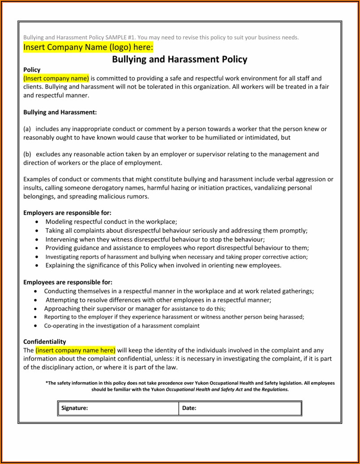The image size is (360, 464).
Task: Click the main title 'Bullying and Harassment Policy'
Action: coord(179,59)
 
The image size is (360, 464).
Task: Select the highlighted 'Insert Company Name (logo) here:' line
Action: coord(88,47)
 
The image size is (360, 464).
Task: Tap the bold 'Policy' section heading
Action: coord(32,69)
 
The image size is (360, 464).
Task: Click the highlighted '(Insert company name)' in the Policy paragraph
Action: coord(56,78)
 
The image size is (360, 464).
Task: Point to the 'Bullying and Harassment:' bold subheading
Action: coord(60,112)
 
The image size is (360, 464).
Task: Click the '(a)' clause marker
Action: coord(27,129)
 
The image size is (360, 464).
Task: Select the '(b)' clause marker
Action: coord(27,155)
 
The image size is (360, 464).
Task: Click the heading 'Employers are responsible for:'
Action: coord(67,213)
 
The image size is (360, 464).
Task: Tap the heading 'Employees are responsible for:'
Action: coord(68,282)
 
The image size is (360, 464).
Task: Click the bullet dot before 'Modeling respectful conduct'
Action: coord(36,222)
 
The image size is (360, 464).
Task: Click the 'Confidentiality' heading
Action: coord(44,342)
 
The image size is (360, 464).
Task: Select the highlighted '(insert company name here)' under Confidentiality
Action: coord(75,350)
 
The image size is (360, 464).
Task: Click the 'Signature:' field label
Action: coord(74,408)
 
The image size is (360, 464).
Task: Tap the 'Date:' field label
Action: coord(189,408)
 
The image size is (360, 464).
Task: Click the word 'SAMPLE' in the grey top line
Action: coord(116,38)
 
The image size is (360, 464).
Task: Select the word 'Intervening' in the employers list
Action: coord(61,239)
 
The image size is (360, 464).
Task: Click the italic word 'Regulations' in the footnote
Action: coord(275,390)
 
